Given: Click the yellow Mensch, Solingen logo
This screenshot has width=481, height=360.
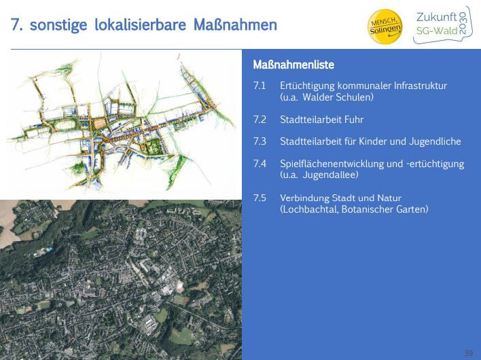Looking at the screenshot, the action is coord(385,26).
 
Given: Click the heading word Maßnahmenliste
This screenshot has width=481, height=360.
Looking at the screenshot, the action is coord(293,65).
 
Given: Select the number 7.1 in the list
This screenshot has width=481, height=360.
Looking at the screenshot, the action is coord(260,86).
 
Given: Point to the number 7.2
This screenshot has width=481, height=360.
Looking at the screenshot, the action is coord(260,120).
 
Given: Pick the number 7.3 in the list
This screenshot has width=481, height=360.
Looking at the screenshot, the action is coord(260,141).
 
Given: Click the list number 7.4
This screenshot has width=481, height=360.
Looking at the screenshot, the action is coord(260,164).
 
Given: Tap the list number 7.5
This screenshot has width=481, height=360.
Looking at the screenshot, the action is coord(260,198).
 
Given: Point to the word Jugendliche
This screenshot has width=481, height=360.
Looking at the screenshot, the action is coord(435,141).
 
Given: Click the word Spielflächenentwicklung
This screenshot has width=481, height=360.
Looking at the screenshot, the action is coord(332,164).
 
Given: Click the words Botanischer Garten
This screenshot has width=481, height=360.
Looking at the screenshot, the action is coord(385,209).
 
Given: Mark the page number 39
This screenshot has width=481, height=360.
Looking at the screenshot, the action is coord(468,353).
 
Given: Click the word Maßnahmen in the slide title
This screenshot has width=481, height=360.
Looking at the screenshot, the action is coord(235,25).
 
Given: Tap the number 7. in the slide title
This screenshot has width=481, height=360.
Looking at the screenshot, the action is coord(17,25).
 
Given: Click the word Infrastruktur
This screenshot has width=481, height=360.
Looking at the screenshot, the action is coord(421,86).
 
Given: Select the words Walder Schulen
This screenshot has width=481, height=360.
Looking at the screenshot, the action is coord(338,97).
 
